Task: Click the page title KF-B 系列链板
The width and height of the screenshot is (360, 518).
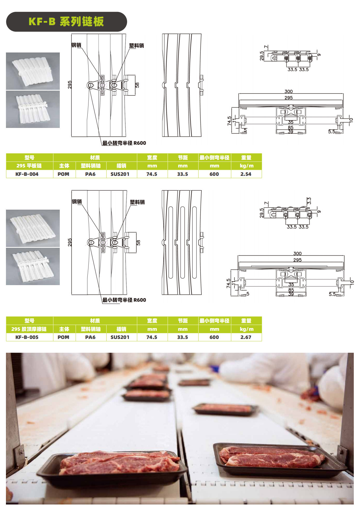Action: [x=66, y=22]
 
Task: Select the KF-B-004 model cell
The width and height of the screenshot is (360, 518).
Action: [x=27, y=174]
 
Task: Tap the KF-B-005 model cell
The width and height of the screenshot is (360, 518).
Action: [x=27, y=337]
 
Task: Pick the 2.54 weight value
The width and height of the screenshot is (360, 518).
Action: [x=246, y=174]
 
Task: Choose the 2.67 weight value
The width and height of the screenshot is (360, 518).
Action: [x=246, y=337]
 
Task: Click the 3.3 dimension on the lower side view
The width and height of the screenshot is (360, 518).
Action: [x=309, y=201]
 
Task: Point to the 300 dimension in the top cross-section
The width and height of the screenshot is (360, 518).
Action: [x=289, y=91]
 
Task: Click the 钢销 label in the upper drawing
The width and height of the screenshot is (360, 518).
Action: [x=76, y=45]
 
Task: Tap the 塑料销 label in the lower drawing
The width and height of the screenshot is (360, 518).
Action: [x=137, y=202]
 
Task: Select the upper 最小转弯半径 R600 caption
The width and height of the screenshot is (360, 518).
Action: [x=124, y=143]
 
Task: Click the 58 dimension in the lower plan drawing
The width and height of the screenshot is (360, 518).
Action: [x=138, y=243]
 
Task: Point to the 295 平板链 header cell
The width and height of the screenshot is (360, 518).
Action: [x=29, y=166]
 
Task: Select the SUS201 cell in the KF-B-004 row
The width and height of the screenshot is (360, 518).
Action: [x=120, y=174]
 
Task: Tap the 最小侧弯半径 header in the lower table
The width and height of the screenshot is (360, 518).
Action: [x=214, y=321]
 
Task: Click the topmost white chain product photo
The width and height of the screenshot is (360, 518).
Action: [x=33, y=71]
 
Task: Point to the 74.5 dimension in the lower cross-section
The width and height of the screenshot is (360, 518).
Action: [x=229, y=283]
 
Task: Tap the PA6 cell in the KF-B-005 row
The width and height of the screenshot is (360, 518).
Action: [x=90, y=337]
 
